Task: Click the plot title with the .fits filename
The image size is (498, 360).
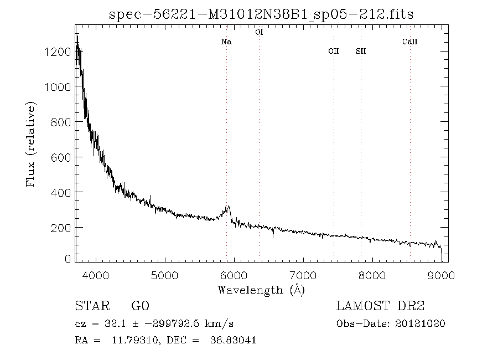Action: (261, 14)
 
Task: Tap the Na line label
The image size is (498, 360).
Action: (226, 42)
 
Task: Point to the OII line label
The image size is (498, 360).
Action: (333, 52)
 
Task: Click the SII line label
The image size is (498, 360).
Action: (361, 52)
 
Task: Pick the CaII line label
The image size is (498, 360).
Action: (409, 42)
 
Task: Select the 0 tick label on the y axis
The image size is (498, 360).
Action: (68, 259)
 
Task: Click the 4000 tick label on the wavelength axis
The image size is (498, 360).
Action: (96, 274)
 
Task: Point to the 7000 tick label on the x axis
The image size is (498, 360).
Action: (303, 274)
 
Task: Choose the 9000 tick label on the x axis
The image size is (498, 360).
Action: (441, 274)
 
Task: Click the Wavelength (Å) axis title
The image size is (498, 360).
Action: (261, 290)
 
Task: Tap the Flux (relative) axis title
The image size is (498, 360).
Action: (31, 144)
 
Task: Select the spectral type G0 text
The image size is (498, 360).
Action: (140, 306)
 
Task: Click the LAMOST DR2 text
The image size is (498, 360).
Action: (380, 306)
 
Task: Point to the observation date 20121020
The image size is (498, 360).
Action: (422, 324)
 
